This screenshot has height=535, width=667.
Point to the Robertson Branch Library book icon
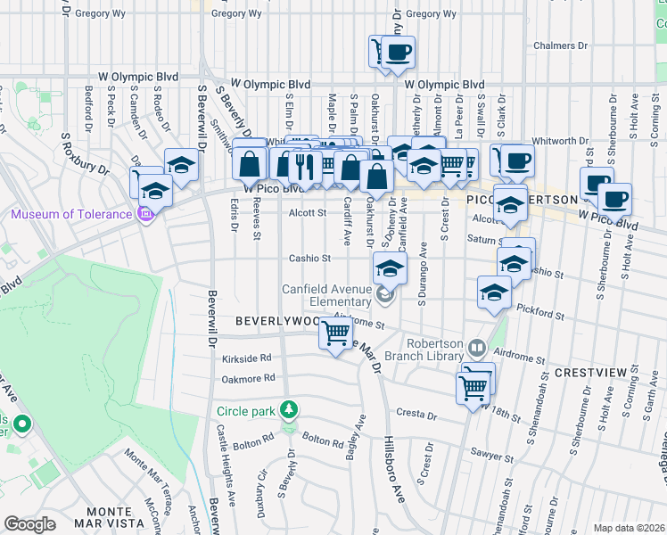point(477,348)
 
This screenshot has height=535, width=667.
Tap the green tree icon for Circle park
point(287,410)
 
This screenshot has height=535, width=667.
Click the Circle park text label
point(245,411)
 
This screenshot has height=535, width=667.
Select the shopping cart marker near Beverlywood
point(335,334)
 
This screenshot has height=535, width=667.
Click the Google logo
point(29,524)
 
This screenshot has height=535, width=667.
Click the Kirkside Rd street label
point(247,358)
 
